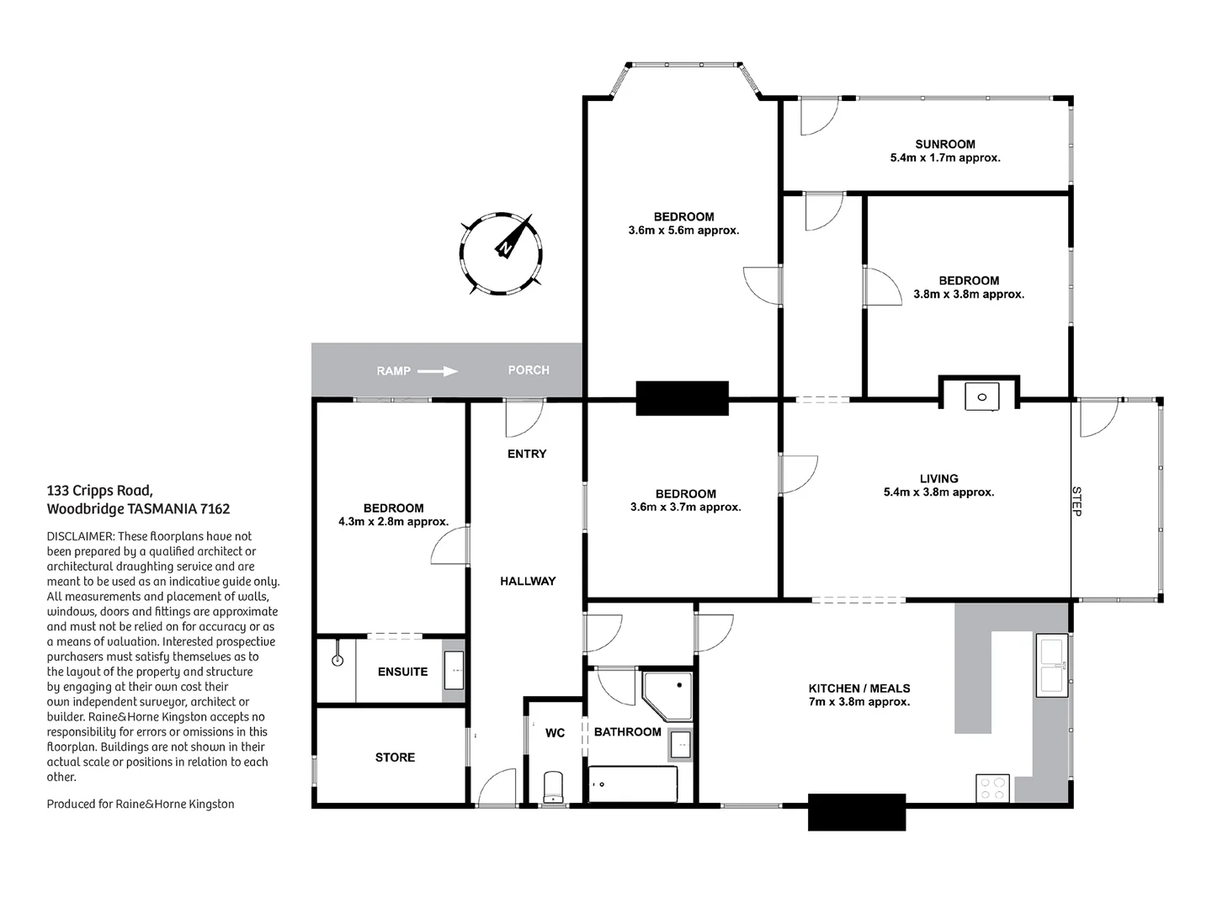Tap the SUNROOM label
pyautogui.click(x=945, y=144)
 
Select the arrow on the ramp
pyautogui.click(x=438, y=370)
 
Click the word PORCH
pyautogui.click(x=529, y=370)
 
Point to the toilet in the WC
pyautogui.click(x=553, y=787)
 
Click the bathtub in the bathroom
pyautogui.click(x=633, y=784)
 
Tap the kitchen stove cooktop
pyautogui.click(x=992, y=789)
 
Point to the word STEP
pyautogui.click(x=1076, y=500)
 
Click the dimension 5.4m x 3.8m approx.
pyautogui.click(x=938, y=492)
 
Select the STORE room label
pyautogui.click(x=395, y=757)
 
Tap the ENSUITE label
pyautogui.click(x=402, y=672)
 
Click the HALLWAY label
pyautogui.click(x=528, y=581)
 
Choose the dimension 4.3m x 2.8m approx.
pyautogui.click(x=393, y=522)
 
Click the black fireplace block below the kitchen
pyautogui.click(x=857, y=811)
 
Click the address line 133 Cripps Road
pyautogui.click(x=99, y=491)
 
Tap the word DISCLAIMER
pyautogui.click(x=80, y=536)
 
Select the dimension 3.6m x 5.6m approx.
pyautogui.click(x=683, y=231)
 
